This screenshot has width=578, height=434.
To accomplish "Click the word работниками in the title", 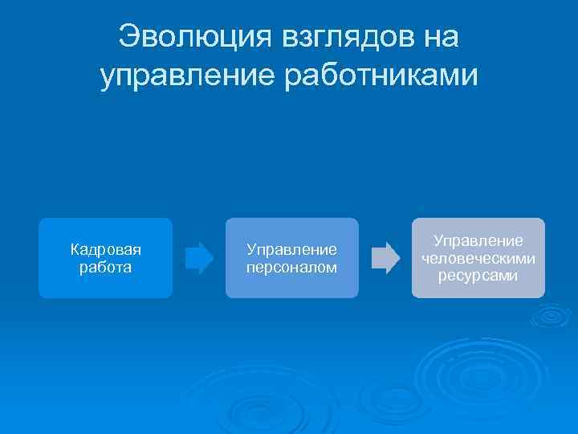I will click(382, 76).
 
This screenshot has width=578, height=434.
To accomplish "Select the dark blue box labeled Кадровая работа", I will click(106, 258).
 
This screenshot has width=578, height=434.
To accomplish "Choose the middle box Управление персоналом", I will click(291, 258).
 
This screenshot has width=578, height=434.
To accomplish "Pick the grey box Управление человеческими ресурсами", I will click(478, 258).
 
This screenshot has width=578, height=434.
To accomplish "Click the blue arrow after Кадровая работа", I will click(199, 258).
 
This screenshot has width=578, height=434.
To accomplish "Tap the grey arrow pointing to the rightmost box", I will click(385, 258).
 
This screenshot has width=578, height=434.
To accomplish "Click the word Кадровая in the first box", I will click(106, 250).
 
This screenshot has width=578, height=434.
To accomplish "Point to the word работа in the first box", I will click(106, 266).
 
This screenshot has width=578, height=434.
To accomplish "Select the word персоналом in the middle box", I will click(291, 267).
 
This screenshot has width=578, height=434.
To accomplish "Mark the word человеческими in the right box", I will click(478, 258).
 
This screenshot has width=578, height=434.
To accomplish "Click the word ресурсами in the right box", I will click(478, 276).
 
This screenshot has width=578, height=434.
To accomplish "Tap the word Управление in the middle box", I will click(291, 250).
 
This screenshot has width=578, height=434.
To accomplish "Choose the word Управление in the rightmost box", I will click(478, 241).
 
